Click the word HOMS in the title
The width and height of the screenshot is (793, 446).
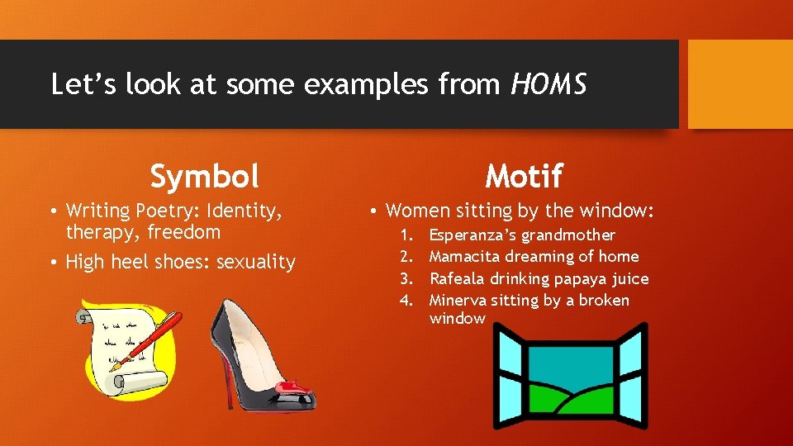click(x=548, y=85)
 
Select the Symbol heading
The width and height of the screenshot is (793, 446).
click(x=204, y=176)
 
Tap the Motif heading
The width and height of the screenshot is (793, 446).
click(x=524, y=176)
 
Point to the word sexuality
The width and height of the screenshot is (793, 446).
click(x=255, y=263)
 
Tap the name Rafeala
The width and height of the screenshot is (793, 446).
click(x=457, y=279)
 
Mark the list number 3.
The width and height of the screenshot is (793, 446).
click(x=406, y=279)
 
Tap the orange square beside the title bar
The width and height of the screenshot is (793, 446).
click(x=740, y=84)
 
